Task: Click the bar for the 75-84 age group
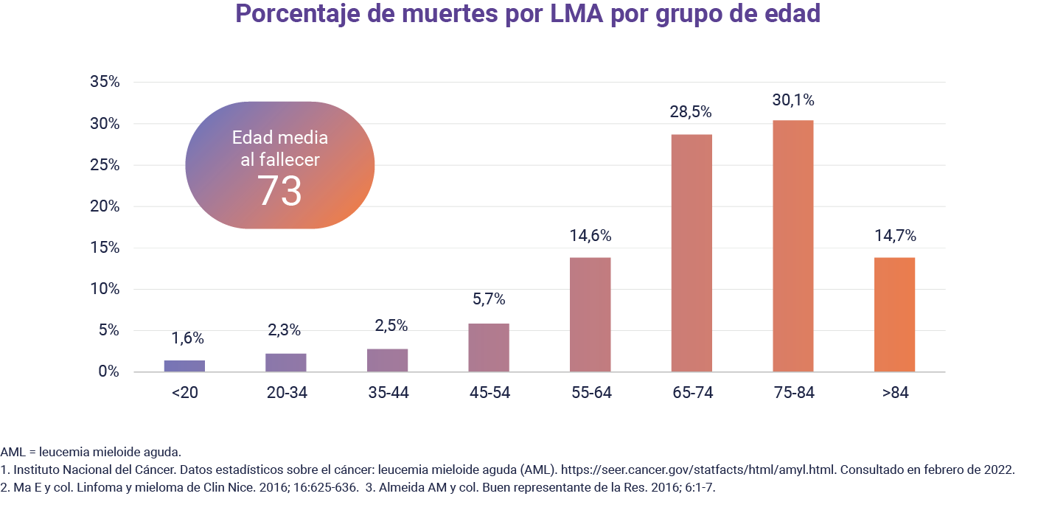[x=793, y=246]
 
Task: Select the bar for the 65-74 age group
[x=691, y=253]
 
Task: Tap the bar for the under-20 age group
[x=184, y=366]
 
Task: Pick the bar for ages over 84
[x=894, y=315]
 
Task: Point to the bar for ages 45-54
[x=488, y=348]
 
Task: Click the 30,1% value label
[x=793, y=100]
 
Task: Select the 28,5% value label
[x=691, y=112]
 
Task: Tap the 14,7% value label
[x=894, y=236]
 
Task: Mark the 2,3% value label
[x=285, y=331]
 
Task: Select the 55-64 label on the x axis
[x=590, y=393]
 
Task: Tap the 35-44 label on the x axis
[x=387, y=393]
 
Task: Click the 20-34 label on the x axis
[x=286, y=393]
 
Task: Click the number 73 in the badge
[x=279, y=191]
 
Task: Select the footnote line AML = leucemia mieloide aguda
[x=91, y=452]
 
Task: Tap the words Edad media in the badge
[x=279, y=138]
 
